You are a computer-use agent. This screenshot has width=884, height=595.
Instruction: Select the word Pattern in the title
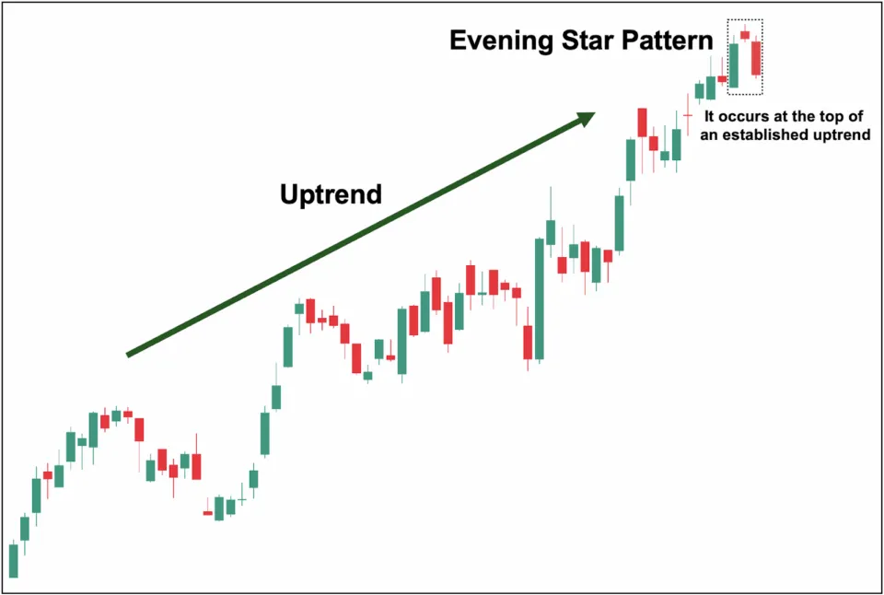(668, 41)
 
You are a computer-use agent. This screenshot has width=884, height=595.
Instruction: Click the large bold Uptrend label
(331, 195)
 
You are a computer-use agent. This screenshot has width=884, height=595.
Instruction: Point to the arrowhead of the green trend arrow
(586, 117)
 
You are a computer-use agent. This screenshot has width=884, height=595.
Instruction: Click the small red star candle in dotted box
(745, 35)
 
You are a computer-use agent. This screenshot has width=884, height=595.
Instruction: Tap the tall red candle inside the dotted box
(756, 57)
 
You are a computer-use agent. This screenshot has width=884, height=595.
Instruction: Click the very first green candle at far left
(14, 560)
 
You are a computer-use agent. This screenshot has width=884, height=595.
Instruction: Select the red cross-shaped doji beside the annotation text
(687, 114)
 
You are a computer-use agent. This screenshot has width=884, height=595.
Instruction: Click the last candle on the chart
(756, 57)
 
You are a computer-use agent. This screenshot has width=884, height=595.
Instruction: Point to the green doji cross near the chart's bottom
(242, 499)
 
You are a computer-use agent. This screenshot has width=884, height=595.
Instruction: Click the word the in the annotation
(809, 118)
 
